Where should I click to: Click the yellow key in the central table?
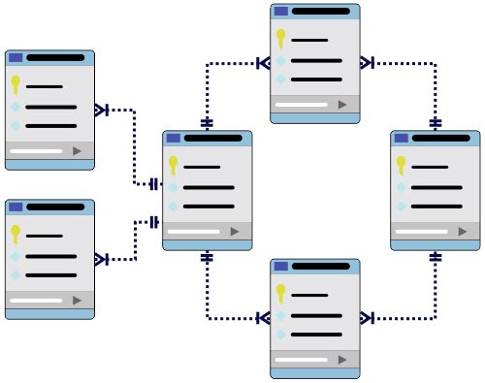click(x=174, y=165)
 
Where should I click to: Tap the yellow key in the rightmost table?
click(x=401, y=165)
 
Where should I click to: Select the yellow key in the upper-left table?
click(x=16, y=84)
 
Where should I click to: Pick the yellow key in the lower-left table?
click(x=16, y=234)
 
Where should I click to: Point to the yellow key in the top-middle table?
click(x=280, y=39)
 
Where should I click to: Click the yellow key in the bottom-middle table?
click(x=280, y=293)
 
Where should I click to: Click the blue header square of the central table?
click(x=174, y=139)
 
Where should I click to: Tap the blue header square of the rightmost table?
click(x=401, y=139)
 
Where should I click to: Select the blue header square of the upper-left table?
click(x=16, y=58)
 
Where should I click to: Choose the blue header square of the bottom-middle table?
click(x=280, y=267)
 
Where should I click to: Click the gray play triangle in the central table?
click(x=235, y=231)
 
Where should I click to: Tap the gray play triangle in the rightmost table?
click(x=463, y=231)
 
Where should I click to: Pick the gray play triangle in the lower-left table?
click(x=78, y=301)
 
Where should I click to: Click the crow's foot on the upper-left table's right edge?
click(x=102, y=110)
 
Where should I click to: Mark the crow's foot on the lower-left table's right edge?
click(x=102, y=259)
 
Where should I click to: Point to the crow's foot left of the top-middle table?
click(x=263, y=64)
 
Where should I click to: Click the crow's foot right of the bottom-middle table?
click(x=367, y=318)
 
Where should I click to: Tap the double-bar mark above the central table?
click(x=207, y=123)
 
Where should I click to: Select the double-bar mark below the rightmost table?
click(x=435, y=258)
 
